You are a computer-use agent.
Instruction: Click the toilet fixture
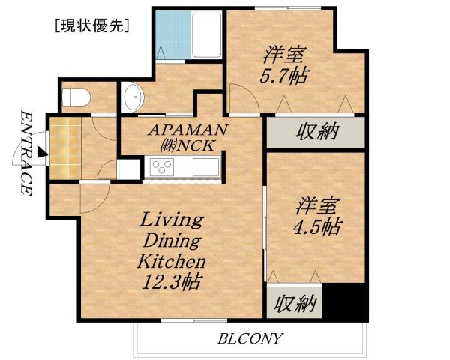point(75,97)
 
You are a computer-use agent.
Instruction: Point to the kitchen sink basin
point(204,167)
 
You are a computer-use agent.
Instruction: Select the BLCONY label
point(250,338)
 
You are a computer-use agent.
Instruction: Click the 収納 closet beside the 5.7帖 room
point(316,133)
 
